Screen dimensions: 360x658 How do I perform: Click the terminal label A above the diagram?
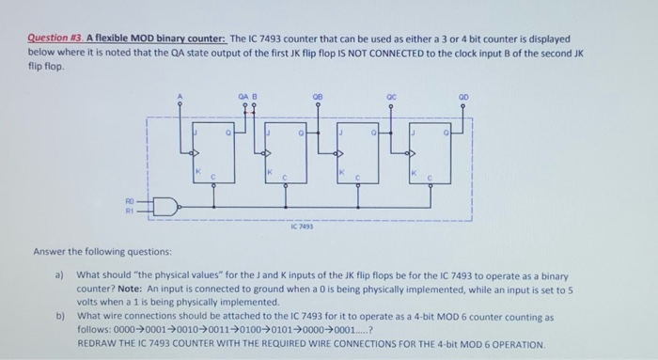click(181, 94)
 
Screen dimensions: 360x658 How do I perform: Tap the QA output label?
click(243, 95)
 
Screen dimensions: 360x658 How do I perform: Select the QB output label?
click(319, 95)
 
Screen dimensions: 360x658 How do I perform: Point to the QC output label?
click(388, 95)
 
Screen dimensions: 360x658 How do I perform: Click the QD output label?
click(462, 95)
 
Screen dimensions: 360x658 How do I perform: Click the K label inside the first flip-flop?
click(197, 172)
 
